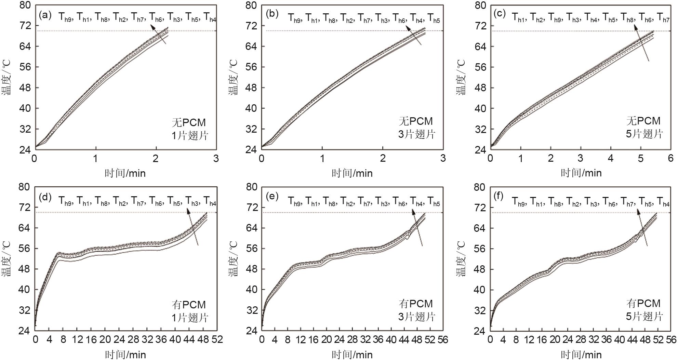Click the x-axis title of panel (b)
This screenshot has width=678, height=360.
(352, 173)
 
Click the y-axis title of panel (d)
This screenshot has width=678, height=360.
(8, 259)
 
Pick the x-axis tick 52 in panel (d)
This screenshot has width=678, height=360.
(216, 339)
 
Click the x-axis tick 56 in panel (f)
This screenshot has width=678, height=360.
(671, 339)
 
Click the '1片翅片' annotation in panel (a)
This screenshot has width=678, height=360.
(190, 135)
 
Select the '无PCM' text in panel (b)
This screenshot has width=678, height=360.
(416, 121)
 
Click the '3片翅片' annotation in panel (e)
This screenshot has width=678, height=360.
(416, 317)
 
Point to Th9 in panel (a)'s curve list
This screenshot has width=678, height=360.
(65, 17)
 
